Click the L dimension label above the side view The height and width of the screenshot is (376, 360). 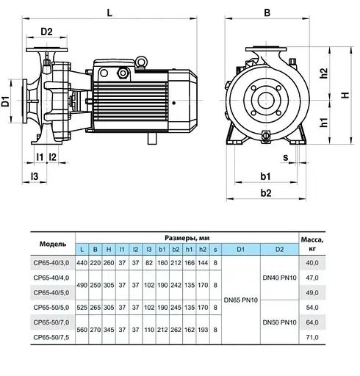coord(109,12)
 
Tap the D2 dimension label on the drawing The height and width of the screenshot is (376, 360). coord(46,32)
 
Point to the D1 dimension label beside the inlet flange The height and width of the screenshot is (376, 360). coord(5,101)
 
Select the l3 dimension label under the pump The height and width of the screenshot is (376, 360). coord(35,176)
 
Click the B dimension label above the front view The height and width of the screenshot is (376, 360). coord(267,12)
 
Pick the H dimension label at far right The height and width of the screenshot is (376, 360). coord(345,95)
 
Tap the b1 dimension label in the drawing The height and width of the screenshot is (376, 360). coord(265,176)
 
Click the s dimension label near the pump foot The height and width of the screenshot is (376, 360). coord(286,158)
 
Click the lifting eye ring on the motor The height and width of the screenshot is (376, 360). coord(141,61)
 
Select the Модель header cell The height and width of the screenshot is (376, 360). coord(53,244)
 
